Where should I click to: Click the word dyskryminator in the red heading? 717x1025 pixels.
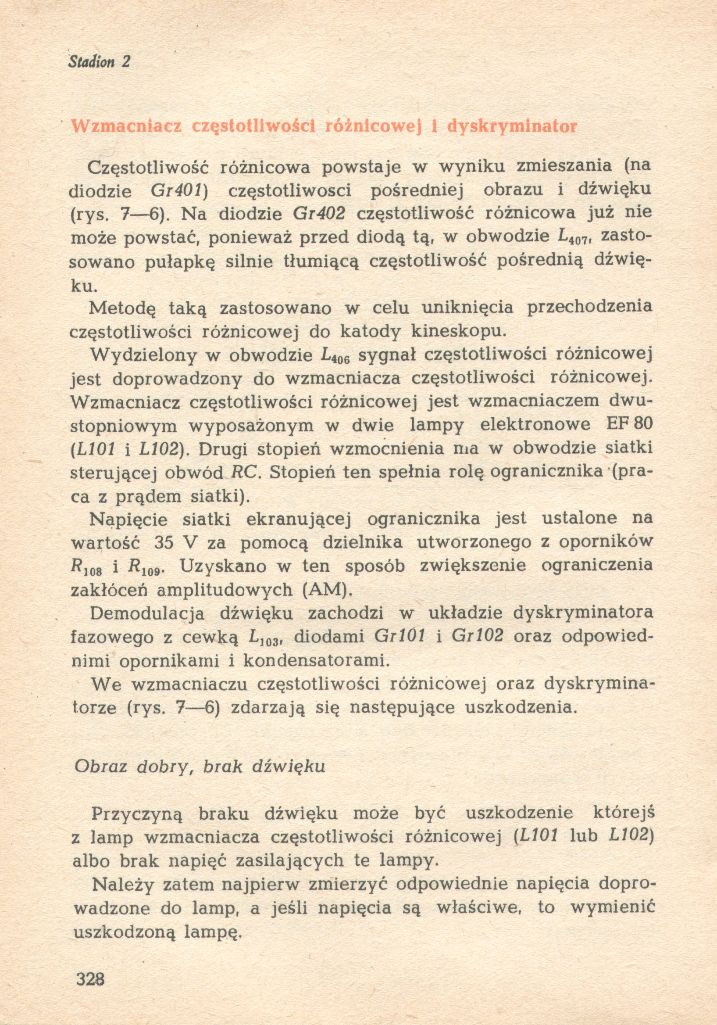click(x=512, y=127)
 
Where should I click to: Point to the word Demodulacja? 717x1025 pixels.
click(x=147, y=613)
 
